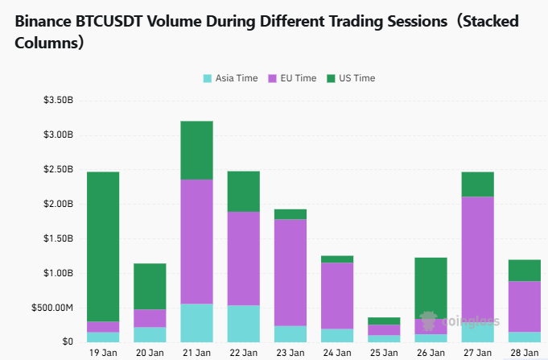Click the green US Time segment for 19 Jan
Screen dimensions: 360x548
103,246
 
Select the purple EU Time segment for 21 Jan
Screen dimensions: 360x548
196,242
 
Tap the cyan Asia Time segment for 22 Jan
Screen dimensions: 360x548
243,324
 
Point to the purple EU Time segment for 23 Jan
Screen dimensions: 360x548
290,272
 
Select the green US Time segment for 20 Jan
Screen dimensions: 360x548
150,286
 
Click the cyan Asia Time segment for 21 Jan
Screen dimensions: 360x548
196,323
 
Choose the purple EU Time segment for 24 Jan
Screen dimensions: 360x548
336,296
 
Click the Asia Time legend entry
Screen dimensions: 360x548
230,78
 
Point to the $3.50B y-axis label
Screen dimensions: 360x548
58,101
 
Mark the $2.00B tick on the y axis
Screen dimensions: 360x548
58,205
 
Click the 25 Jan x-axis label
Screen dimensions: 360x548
384,353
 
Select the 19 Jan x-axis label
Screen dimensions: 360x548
103,353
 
